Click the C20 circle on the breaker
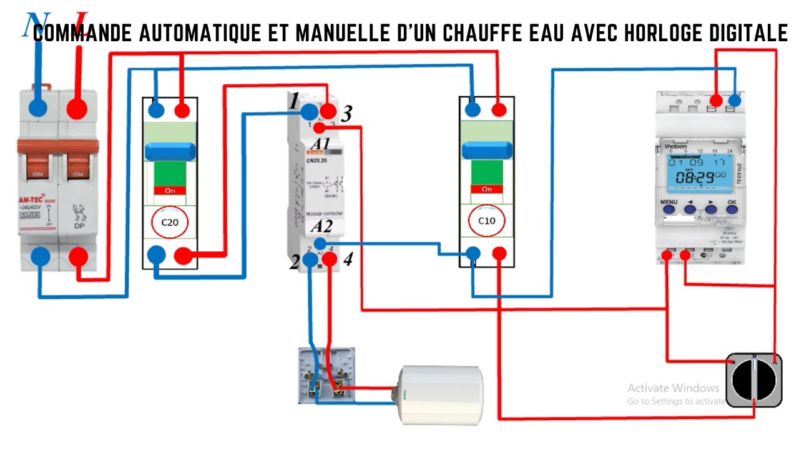170,222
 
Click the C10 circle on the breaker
487,221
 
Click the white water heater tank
441,394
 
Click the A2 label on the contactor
320,226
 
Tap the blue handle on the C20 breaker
170,151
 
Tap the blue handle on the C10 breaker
487,151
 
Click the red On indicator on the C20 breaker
170,189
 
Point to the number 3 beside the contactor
347,114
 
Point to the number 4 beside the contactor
347,259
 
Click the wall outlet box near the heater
325,376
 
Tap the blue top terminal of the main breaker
38,108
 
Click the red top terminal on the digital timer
717,100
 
